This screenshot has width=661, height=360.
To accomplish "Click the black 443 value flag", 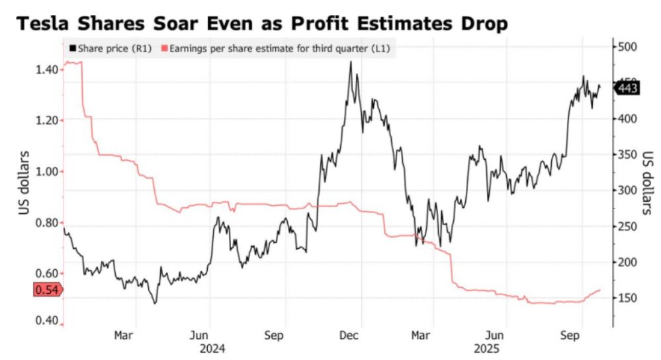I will click(627, 87).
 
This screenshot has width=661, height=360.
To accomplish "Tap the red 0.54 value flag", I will click(46, 289).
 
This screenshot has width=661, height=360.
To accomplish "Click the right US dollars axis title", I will click(646, 183).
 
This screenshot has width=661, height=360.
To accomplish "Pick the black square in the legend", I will click(72, 48).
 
